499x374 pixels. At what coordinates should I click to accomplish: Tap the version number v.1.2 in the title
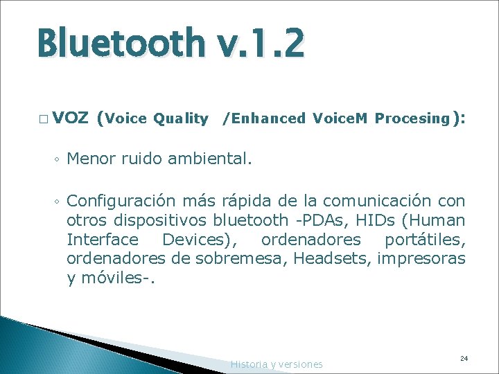[x=268, y=42]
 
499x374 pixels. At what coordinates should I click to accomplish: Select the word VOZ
[x=70, y=118]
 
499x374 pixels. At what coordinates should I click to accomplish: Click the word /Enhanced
[x=263, y=118]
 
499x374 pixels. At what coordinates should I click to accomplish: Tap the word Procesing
[x=412, y=118]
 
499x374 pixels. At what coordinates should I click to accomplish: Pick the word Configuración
[x=123, y=202]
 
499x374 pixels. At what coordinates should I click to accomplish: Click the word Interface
[x=103, y=240]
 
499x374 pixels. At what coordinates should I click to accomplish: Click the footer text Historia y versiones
[x=277, y=364]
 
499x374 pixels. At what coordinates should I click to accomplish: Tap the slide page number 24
[x=464, y=358]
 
